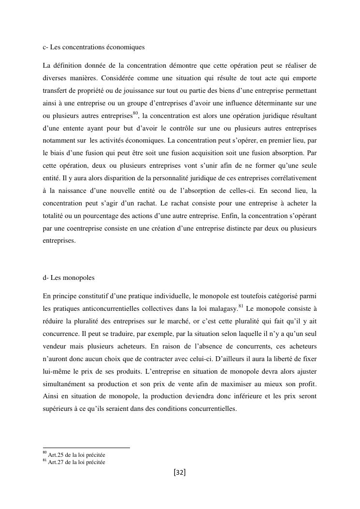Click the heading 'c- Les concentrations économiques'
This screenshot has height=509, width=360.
pyautogui.click(x=94, y=47)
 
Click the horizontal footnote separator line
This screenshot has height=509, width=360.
pyautogui.click(x=86, y=448)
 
